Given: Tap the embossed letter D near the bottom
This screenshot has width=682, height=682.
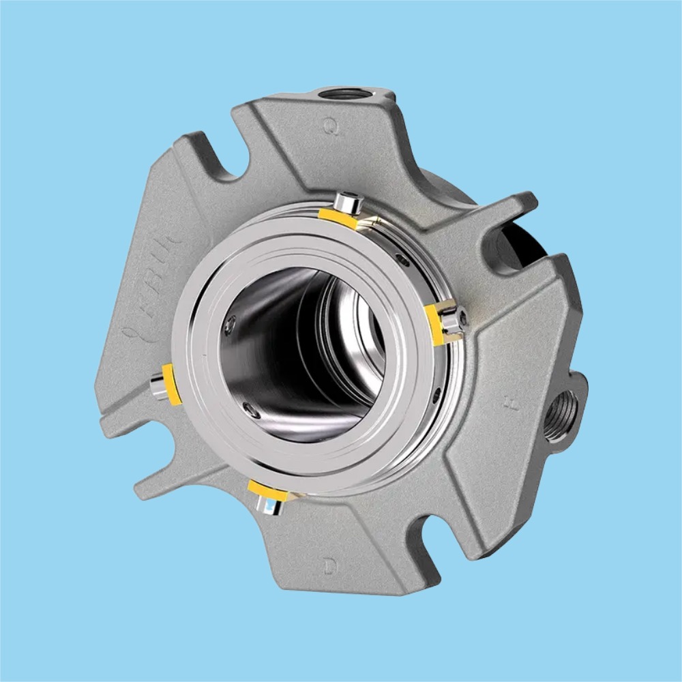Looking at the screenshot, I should (330, 565).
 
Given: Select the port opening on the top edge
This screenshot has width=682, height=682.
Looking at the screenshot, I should (346, 93).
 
